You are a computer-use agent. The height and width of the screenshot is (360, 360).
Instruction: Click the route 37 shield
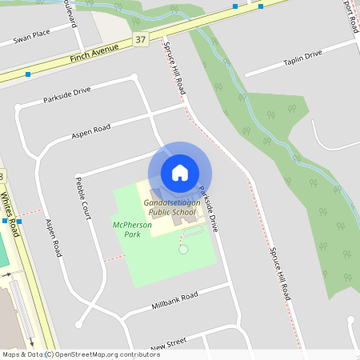click(x=141, y=39)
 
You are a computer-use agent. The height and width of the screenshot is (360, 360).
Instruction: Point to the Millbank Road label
click(x=174, y=302)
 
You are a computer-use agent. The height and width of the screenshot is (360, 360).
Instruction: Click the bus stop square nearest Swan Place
click(x=28, y=74)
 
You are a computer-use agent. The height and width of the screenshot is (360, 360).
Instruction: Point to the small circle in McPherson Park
click(x=183, y=250)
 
